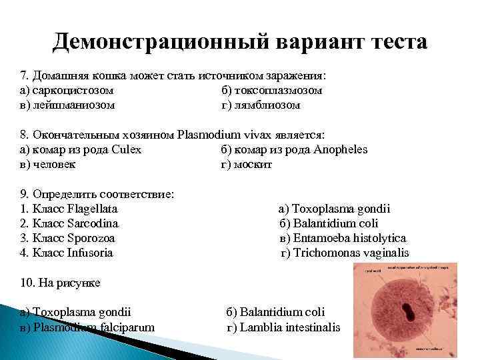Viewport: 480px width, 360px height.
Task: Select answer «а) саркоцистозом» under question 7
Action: tap(67, 90)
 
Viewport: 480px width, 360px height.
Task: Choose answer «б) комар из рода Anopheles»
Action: tap(294, 149)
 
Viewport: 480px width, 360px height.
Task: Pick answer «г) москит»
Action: tap(247, 164)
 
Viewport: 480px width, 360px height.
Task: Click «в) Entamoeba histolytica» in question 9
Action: tap(343, 238)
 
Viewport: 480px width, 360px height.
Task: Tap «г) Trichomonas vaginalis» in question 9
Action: tap(345, 253)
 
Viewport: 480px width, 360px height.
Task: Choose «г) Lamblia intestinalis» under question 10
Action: tap(283, 327)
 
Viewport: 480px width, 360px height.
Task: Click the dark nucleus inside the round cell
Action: tap(406, 311)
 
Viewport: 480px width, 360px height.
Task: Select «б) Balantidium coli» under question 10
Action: tap(276, 312)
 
